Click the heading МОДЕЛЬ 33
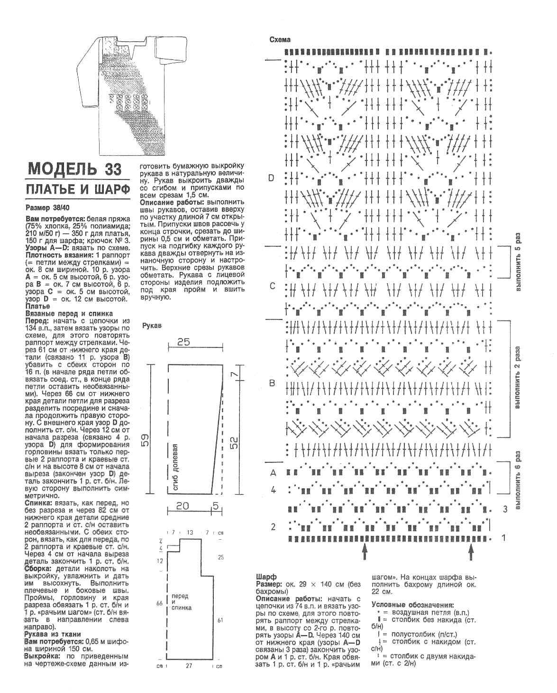[x=75, y=169]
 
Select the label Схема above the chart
[x=280, y=40]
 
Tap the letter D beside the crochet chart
[x=271, y=178]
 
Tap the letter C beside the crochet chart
[x=272, y=286]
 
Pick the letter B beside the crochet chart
[x=272, y=383]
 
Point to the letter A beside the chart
[x=273, y=473]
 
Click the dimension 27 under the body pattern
[x=189, y=666]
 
